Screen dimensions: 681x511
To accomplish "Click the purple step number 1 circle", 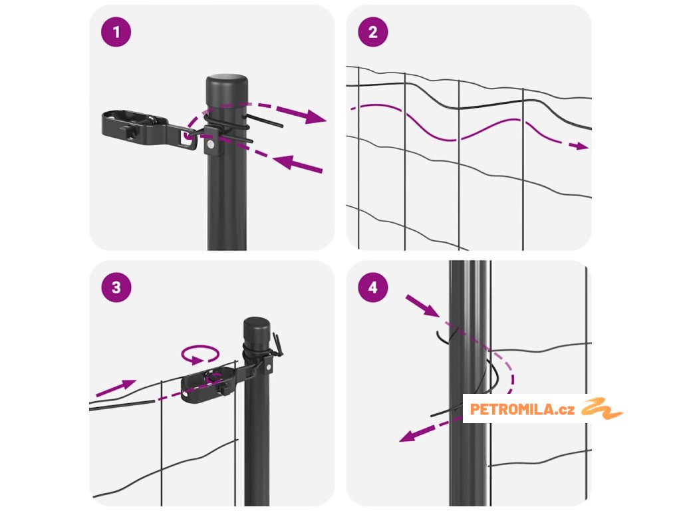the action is click(116, 32).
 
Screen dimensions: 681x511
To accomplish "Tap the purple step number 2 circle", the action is click(373, 32).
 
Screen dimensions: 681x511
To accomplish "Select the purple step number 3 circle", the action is click(116, 287).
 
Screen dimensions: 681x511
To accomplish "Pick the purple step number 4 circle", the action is click(373, 287).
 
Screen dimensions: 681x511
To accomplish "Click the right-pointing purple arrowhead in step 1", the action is click(315, 116).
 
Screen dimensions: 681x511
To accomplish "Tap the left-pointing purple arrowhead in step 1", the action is click(284, 162).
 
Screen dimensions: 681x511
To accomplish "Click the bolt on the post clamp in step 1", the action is click(211, 144).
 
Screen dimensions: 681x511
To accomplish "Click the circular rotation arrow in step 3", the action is click(200, 354).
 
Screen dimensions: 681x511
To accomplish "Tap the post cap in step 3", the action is click(256, 329).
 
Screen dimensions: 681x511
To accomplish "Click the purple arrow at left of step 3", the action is click(116, 388).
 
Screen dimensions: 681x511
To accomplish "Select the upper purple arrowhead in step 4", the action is click(430, 309).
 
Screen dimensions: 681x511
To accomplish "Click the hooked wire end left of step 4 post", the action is click(442, 336).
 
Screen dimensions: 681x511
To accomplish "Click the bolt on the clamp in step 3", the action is click(268, 367).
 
